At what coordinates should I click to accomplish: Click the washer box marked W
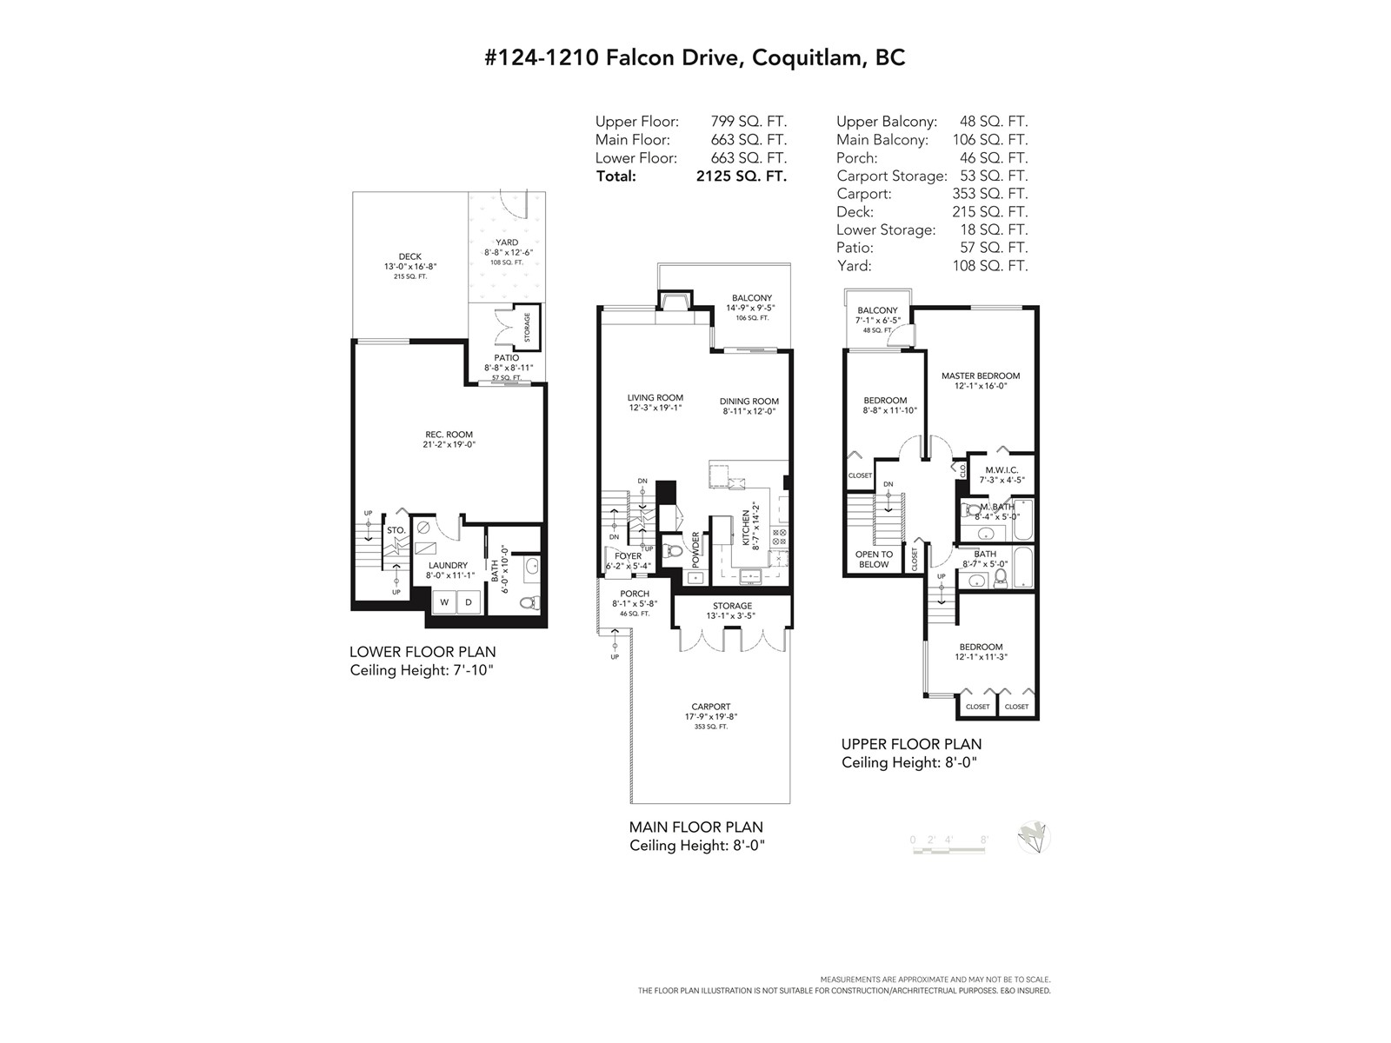click(x=444, y=601)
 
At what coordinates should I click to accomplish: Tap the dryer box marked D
click(x=469, y=601)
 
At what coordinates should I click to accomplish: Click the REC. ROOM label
click(x=449, y=435)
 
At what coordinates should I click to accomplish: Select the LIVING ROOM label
click(x=656, y=398)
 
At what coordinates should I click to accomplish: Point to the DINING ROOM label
click(x=749, y=401)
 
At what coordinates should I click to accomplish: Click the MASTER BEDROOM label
click(x=981, y=375)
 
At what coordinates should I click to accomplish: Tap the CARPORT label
click(x=711, y=706)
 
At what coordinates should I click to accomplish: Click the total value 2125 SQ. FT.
click(x=742, y=176)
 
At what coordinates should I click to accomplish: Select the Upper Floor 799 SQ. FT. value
click(x=749, y=121)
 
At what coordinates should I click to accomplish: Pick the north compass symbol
click(x=1034, y=838)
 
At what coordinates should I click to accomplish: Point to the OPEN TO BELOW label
click(x=874, y=559)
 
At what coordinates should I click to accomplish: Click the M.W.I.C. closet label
click(x=1002, y=470)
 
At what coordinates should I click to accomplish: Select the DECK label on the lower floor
click(x=410, y=256)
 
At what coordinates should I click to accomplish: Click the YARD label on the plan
click(x=507, y=242)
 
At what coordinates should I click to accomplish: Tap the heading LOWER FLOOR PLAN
click(x=423, y=652)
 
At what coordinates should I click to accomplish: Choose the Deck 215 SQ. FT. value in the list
click(x=990, y=211)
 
